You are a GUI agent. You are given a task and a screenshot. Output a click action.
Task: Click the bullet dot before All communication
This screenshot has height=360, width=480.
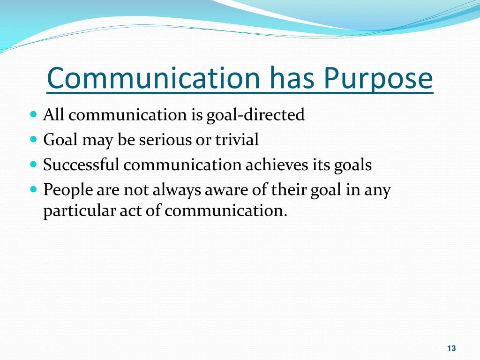click(x=33, y=114)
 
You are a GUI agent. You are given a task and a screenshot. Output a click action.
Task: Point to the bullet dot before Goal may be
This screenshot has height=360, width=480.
click(x=33, y=140)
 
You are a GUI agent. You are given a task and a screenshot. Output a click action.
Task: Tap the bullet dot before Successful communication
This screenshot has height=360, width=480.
click(x=33, y=165)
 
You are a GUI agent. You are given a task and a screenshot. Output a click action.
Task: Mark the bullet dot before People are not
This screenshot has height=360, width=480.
click(x=33, y=190)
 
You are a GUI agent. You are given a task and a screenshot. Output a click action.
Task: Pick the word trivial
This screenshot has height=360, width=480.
click(x=237, y=140)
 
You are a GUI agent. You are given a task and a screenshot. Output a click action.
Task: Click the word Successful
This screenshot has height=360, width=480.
click(x=82, y=165)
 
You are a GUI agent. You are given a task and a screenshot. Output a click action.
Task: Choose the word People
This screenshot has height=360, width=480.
click(x=64, y=191)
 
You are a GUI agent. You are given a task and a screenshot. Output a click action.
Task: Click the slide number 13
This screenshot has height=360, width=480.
click(x=451, y=348)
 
